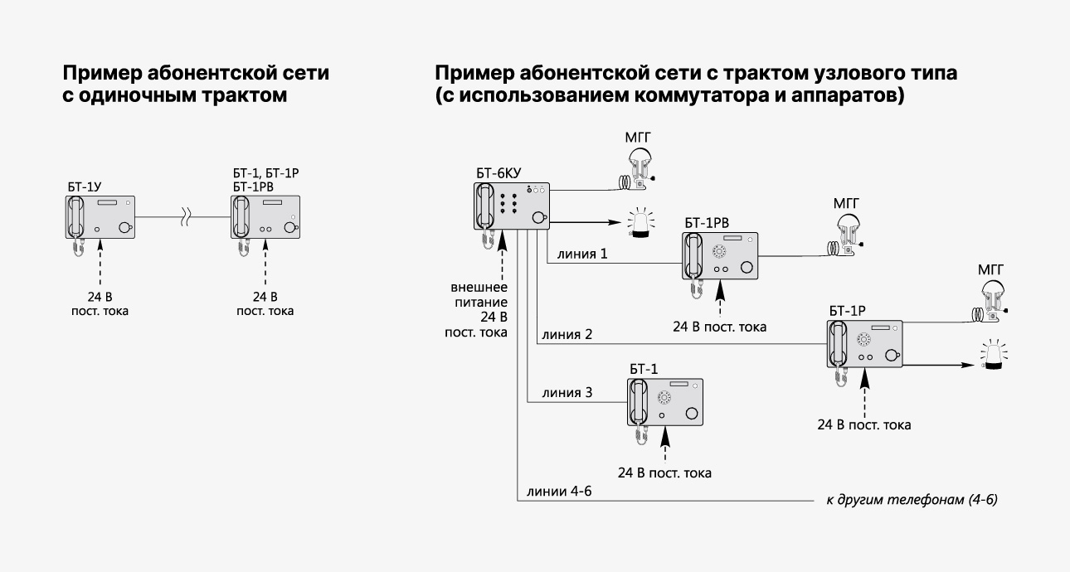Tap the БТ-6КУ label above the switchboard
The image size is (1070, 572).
point(499,173)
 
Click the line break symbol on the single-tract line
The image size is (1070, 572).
point(190,218)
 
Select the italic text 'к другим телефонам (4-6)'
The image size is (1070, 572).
point(912,501)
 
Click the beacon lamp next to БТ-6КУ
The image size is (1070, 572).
point(641,224)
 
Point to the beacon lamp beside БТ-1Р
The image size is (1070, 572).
point(993,357)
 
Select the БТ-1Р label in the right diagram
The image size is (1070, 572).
point(847,311)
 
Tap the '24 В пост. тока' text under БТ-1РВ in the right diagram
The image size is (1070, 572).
point(720,327)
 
